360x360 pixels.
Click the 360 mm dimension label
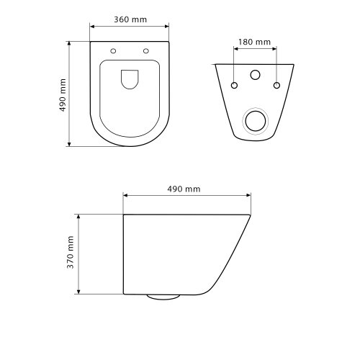tap(130, 19)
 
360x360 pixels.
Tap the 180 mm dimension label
tap(255, 42)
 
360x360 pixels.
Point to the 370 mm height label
tap(70, 253)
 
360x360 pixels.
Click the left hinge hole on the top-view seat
tap(114, 51)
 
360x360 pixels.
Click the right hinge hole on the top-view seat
tap(146, 51)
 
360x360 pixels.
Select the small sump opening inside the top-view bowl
tap(130, 79)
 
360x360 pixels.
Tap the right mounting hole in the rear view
tap(276, 86)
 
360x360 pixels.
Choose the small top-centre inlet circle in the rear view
tap(256, 74)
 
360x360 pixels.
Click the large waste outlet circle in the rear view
tap(256, 120)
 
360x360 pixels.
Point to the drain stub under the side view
tap(163, 296)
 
